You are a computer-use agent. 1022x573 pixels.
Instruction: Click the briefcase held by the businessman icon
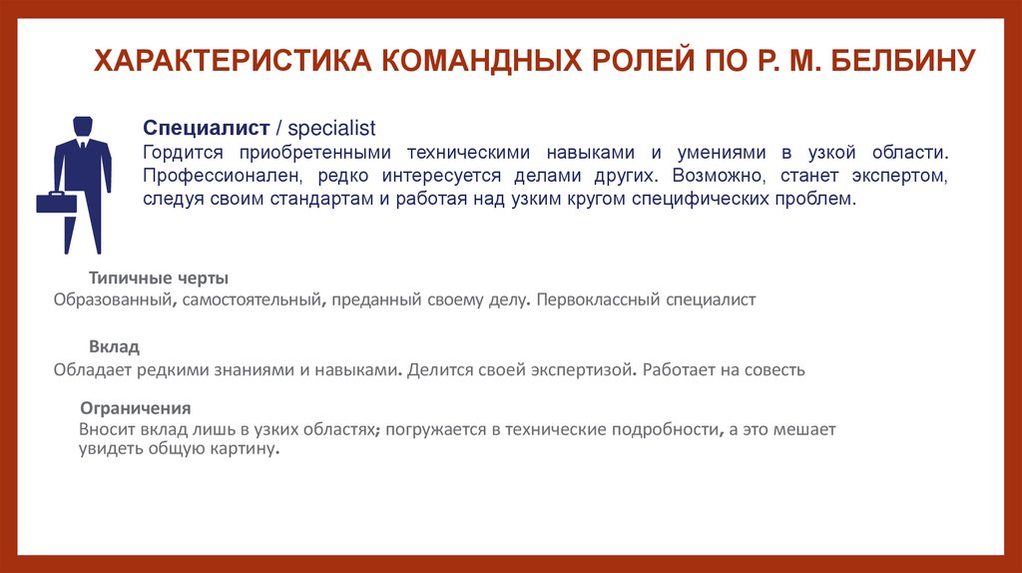click(57, 203)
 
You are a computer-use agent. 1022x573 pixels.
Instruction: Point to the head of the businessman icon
click(83, 127)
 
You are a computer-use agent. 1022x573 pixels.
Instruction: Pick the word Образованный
click(117, 299)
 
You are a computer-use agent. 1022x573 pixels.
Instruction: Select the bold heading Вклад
click(114, 346)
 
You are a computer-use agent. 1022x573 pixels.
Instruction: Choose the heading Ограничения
click(136, 408)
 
